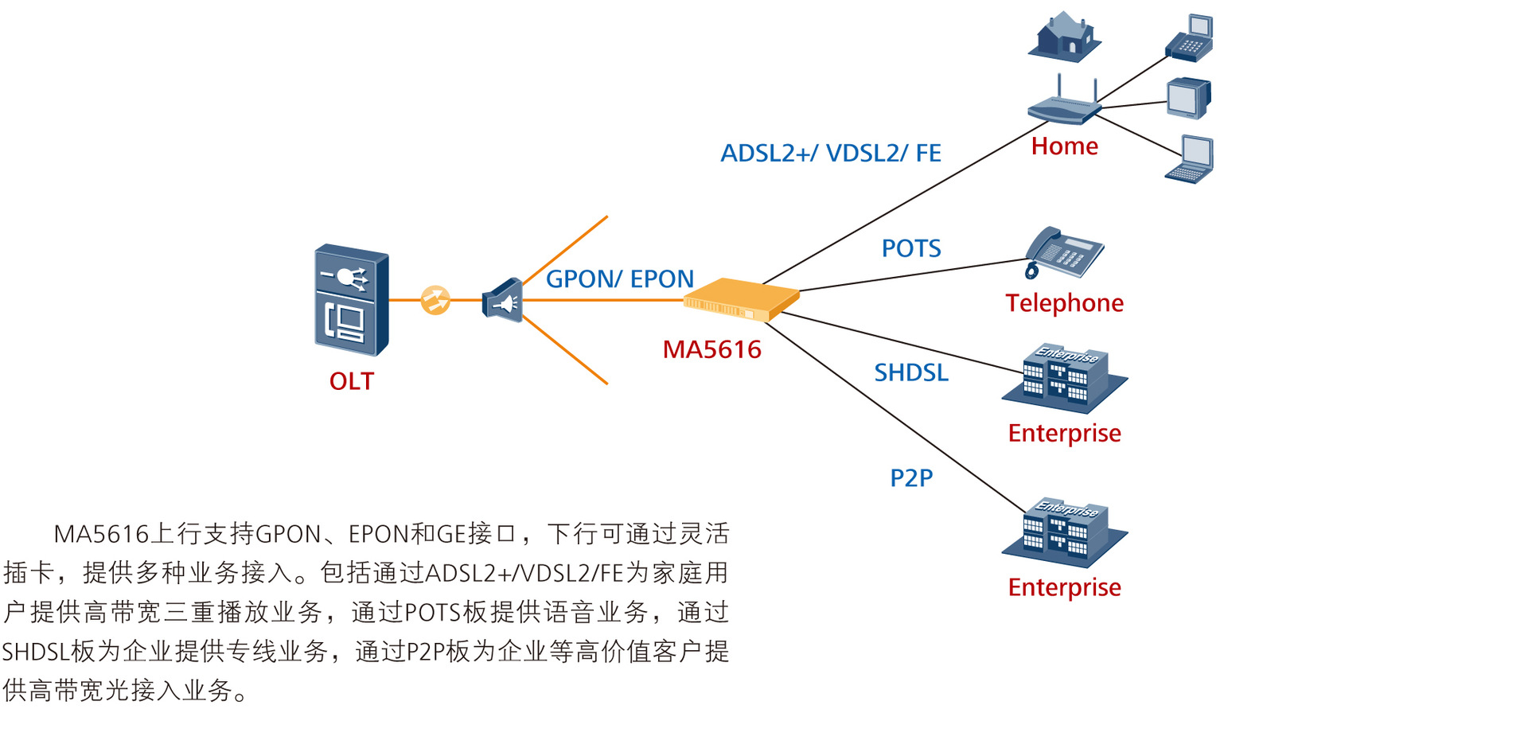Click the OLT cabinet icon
(x=351, y=300)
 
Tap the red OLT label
(x=351, y=381)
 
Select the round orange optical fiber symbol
(x=435, y=300)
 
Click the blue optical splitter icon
(x=503, y=301)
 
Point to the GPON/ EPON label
(x=619, y=279)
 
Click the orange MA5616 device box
(x=741, y=300)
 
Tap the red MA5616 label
(x=711, y=349)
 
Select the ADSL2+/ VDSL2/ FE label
(x=830, y=153)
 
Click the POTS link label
(x=910, y=249)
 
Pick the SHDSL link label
(x=910, y=372)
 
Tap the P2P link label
(x=910, y=477)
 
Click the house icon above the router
(x=1065, y=37)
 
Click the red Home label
(x=1064, y=146)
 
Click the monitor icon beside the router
(x=1188, y=99)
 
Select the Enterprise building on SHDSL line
(x=1065, y=378)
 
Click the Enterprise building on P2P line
(x=1065, y=531)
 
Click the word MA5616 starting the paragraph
(x=101, y=534)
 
